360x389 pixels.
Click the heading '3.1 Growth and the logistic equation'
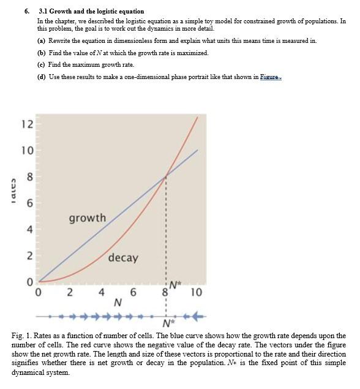click(x=91, y=11)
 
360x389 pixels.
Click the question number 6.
click(x=27, y=11)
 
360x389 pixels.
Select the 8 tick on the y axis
click(x=28, y=177)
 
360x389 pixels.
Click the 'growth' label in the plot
click(x=87, y=218)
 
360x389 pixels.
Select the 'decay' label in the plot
click(x=123, y=258)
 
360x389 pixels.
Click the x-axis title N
click(x=118, y=303)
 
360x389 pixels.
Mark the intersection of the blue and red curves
click(x=165, y=178)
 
